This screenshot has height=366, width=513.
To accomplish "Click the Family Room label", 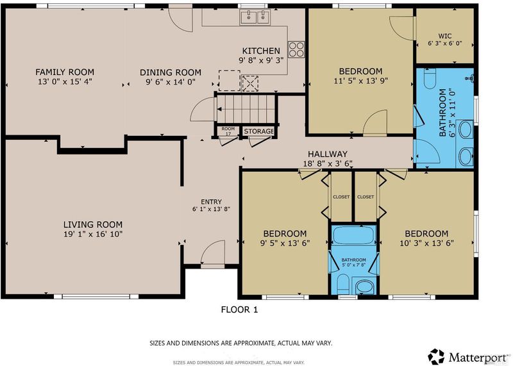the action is coord(65,72).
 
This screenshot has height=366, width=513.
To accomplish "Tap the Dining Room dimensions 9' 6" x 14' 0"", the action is coord(171,82).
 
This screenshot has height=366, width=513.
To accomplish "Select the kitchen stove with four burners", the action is coord(296,50).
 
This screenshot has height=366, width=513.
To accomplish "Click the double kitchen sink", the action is coord(255,17).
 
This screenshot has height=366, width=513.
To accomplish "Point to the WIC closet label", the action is coord(445,36).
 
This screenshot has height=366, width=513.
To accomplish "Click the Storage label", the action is coord(258,131).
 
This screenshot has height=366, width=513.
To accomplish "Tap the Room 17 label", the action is coord(228,131).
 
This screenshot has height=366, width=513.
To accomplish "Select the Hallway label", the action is coord(328,154).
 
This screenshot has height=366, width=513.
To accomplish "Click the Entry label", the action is coord(212,202).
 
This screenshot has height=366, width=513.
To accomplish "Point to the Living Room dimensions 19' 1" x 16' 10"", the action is coord(93,234).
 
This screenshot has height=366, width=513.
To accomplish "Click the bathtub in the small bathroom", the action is coord(354,235).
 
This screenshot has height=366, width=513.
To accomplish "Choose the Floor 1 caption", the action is coord(239,310).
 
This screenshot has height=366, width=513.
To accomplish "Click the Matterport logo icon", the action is coord(437,356).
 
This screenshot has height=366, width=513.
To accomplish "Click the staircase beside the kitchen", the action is coord(246,109).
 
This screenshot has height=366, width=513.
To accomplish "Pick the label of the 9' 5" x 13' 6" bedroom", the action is coord(285,233).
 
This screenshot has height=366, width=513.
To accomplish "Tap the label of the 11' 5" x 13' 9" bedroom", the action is coord(360,71).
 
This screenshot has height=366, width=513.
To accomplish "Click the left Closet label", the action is coord(341,197).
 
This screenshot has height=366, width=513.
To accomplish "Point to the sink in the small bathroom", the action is coord(364,287).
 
